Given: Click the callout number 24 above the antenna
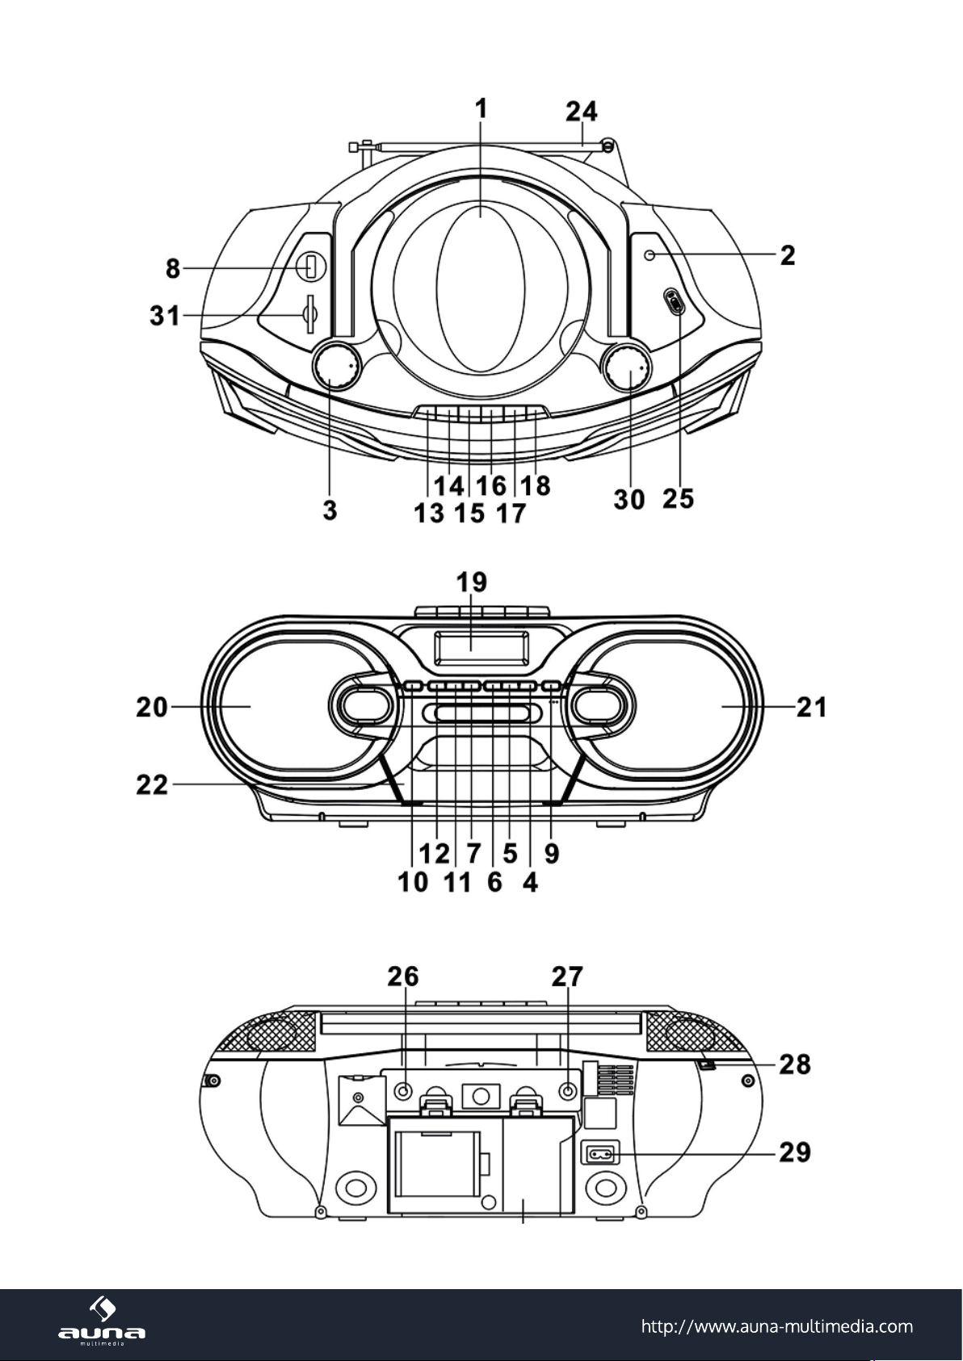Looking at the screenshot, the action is point(582,111).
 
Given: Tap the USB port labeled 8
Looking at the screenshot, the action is point(311,267).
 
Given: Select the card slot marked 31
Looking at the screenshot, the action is point(310,314).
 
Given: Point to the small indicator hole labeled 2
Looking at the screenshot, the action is point(651,255).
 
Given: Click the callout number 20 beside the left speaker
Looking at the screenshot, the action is point(152,707).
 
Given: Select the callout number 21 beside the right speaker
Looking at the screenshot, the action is point(812,707).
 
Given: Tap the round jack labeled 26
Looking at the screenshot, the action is point(402,1091).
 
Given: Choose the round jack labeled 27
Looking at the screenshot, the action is point(568,1091).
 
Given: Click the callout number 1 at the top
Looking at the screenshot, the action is point(481,109).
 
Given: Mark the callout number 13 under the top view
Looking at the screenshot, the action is point(430,514).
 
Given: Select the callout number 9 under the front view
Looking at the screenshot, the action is point(551,854).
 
